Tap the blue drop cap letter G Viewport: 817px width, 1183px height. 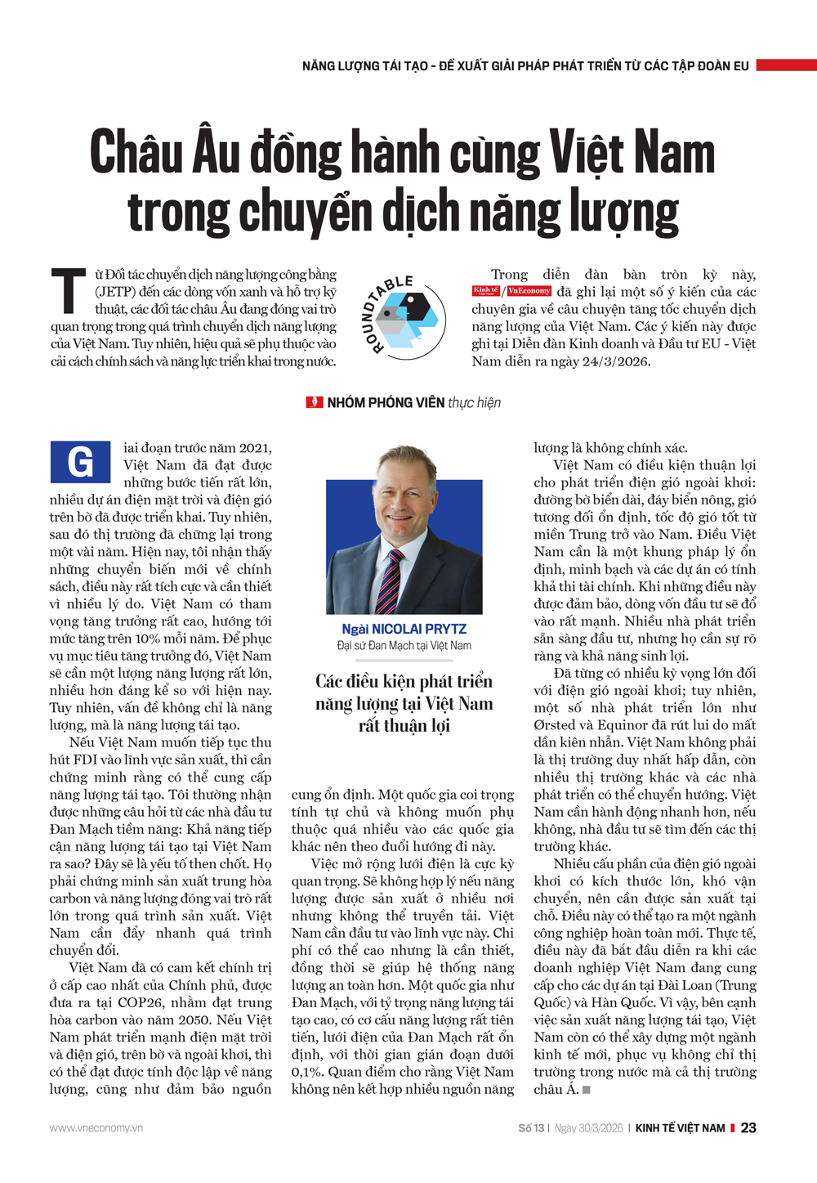(80, 463)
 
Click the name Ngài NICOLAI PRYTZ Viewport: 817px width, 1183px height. (404, 629)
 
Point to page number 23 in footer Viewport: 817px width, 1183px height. (748, 1127)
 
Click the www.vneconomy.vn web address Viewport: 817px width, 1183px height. (96, 1128)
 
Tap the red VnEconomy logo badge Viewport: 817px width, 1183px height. (529, 291)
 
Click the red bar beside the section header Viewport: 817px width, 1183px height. (786, 65)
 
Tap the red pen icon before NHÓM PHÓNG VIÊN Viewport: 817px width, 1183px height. (315, 402)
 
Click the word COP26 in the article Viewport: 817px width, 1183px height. (170, 1002)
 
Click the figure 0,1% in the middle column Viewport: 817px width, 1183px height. (307, 1072)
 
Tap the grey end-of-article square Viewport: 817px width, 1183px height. (586, 1090)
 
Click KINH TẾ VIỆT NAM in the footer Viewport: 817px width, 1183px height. (680, 1128)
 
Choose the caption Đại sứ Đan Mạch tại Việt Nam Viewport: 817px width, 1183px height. (404, 646)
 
